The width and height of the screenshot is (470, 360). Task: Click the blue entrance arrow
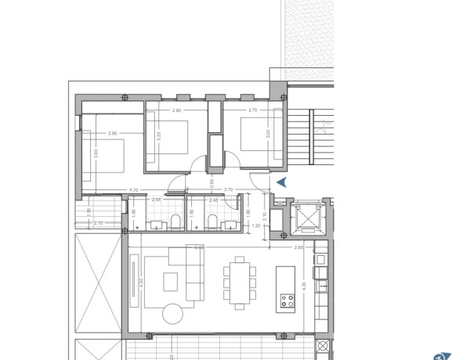pos(283,182)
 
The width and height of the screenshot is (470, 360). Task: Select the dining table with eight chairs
pos(239,284)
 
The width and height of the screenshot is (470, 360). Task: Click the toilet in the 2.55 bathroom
pos(175,220)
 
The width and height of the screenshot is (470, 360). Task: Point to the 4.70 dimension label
pos(133,189)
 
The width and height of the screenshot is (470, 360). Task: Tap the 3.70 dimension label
pos(229,189)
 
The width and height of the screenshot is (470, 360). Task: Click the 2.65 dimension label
pos(298,247)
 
